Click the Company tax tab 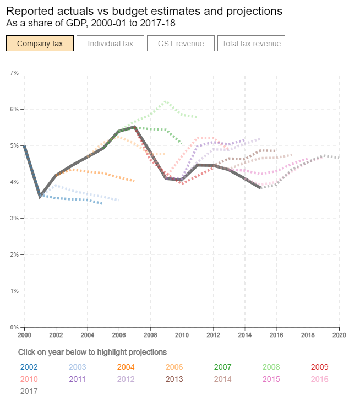pos(40,44)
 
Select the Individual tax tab pos(111,44)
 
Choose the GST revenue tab pos(181,44)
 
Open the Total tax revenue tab pos(251,44)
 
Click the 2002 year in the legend pos(28,367)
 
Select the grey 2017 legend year pos(28,391)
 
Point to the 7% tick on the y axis pos(14,73)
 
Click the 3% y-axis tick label pos(14,218)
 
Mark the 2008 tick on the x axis pos(150,334)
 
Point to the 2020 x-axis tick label pos(339,334)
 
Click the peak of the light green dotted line pos(165,101)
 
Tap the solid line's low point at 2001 pos(40,196)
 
